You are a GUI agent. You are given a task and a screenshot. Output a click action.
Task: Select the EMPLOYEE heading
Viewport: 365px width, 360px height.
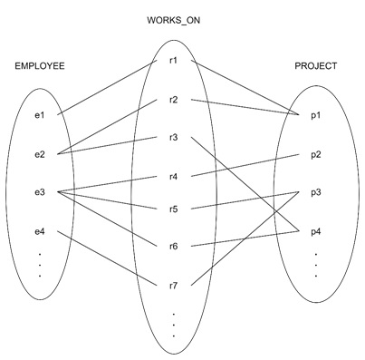[40, 66]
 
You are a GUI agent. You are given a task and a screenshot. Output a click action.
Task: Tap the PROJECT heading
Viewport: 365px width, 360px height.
[316, 66]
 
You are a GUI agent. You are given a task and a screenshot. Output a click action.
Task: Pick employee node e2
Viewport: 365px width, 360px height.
[38, 154]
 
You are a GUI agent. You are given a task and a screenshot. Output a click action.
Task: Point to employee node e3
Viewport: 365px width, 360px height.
[38, 191]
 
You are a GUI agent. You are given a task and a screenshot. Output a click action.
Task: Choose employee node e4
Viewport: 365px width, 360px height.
[38, 232]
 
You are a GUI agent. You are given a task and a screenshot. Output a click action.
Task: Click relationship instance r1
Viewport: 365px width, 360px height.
[173, 61]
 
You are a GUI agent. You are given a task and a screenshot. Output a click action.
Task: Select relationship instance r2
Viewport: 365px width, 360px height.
[173, 99]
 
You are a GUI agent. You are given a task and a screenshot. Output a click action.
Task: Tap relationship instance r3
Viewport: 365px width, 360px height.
[173, 137]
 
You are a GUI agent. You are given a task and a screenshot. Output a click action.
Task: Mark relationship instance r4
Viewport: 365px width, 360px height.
[173, 175]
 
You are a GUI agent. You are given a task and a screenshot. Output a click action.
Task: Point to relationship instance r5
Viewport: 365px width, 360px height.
[173, 209]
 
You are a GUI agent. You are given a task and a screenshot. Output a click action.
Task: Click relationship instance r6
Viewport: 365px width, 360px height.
[173, 245]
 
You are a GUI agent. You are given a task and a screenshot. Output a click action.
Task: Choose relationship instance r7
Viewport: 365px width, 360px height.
[173, 286]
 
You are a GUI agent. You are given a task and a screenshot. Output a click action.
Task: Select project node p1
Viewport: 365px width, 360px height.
[316, 115]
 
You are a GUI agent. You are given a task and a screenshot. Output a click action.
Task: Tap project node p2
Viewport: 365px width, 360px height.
[316, 153]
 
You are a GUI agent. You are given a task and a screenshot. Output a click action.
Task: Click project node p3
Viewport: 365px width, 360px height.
[316, 191]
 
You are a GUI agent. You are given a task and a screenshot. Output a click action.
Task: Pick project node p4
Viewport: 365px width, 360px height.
[316, 230]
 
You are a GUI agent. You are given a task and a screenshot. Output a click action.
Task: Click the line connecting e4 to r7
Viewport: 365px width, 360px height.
[109, 259]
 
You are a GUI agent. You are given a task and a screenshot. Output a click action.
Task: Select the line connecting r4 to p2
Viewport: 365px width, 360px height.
[245, 164]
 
